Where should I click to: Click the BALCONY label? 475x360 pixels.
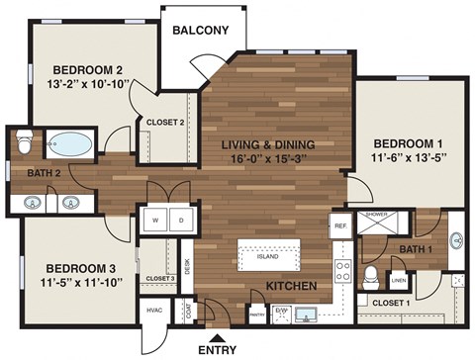click(201, 30)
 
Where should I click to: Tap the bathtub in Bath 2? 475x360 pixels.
click(68, 144)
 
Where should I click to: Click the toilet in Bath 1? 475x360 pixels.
click(370, 274)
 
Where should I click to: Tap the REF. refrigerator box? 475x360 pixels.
click(340, 226)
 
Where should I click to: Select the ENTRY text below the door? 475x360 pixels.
click(217, 349)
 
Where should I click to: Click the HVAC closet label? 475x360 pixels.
click(154, 311)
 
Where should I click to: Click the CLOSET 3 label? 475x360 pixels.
click(159, 279)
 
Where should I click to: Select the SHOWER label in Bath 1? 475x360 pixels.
click(376, 214)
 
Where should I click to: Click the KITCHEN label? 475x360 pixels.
click(291, 287)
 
